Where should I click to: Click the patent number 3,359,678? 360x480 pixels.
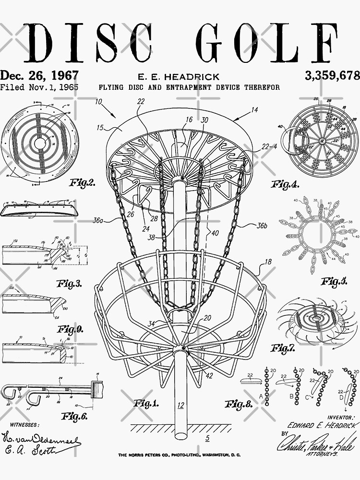click(x=332, y=75)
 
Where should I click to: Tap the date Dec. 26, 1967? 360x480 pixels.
click(x=39, y=75)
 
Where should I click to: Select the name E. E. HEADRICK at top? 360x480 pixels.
click(x=179, y=77)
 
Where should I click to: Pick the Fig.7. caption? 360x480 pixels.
click(x=283, y=348)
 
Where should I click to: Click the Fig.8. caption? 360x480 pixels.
click(x=239, y=404)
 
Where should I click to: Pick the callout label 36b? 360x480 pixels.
click(x=262, y=226)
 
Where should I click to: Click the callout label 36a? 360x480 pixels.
click(x=97, y=220)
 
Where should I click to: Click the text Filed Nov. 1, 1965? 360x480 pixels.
click(x=39, y=88)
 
